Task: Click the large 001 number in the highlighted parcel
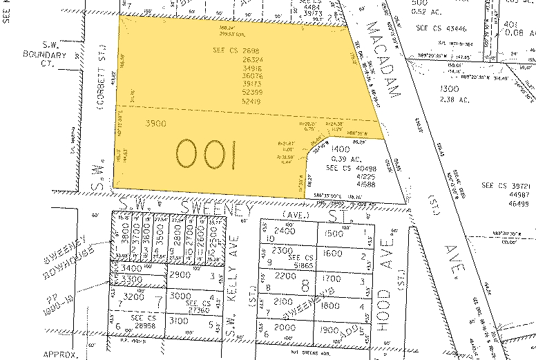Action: pos(206,154)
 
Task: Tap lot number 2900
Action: pos(180,275)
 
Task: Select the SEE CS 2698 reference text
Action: pos(236,50)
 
